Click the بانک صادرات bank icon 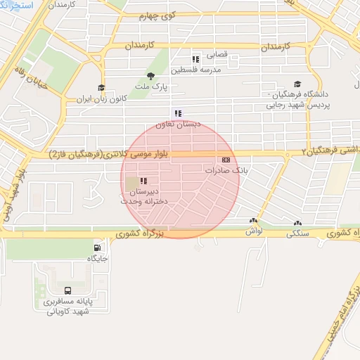(x=225, y=160)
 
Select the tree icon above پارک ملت (x=150, y=76)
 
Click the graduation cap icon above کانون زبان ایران (x=101, y=88)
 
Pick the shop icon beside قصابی (x=195, y=58)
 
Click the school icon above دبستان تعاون (x=178, y=113)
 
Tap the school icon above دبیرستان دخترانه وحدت (x=143, y=181)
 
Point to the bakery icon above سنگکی (x=297, y=223)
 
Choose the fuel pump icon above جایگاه (x=97, y=247)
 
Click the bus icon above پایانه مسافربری (x=67, y=290)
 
